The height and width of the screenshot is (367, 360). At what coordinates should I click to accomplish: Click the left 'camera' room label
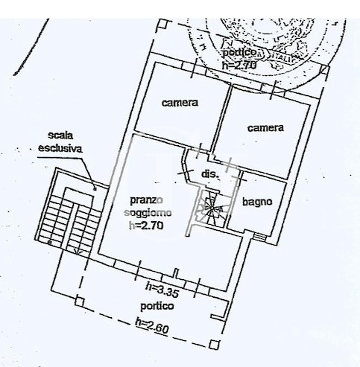[180, 102]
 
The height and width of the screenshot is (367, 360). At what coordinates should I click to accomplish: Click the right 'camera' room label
[266, 128]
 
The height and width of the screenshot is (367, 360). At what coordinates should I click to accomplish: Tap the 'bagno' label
[256, 202]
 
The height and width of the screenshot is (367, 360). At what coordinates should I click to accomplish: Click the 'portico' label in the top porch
[241, 54]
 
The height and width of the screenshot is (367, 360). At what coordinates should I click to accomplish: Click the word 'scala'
[61, 136]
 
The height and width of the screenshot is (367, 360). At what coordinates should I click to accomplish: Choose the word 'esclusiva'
[61, 147]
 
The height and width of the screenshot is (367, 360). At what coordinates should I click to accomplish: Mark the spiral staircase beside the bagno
[211, 209]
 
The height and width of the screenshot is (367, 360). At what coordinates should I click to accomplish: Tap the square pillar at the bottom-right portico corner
[215, 344]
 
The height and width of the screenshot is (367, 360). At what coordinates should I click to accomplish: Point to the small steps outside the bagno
[259, 237]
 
